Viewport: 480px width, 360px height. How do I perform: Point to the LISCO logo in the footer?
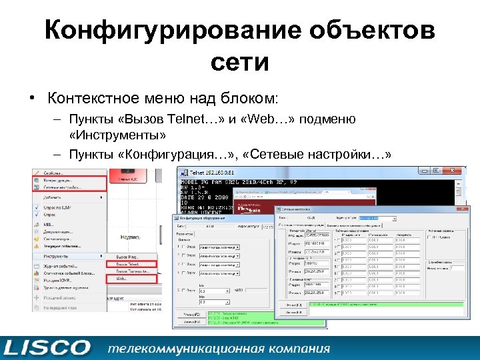(x=47, y=347)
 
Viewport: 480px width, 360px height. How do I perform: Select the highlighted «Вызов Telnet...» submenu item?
(x=131, y=264)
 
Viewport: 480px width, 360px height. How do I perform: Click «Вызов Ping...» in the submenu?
(x=129, y=257)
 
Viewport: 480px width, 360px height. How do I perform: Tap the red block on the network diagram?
(x=130, y=179)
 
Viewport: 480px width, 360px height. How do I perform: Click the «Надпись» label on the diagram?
(x=129, y=236)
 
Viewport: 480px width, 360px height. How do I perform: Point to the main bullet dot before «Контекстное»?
(x=32, y=99)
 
